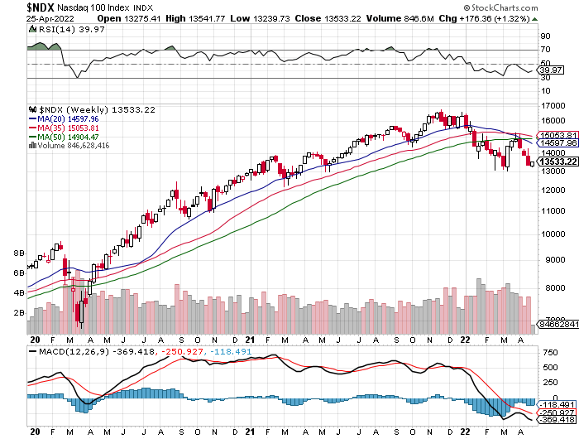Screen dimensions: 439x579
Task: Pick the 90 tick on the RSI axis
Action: pos(545,36)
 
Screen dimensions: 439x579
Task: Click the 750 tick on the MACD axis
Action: pos(548,353)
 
